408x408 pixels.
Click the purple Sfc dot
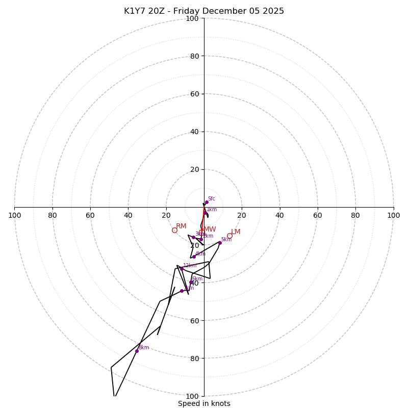[x=207, y=202]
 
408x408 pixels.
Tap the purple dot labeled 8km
[x=137, y=351]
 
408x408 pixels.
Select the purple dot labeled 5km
[x=220, y=243]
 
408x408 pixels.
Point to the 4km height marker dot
[x=194, y=257]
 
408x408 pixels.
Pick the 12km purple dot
[x=182, y=269]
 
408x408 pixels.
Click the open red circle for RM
[x=174, y=231]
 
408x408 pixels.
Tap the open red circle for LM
[x=229, y=236]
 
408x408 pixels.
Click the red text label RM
[x=181, y=226]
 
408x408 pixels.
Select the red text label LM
[x=236, y=232]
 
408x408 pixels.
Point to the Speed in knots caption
[x=204, y=403]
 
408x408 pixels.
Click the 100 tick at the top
[x=192, y=18]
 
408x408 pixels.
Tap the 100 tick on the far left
[x=14, y=215]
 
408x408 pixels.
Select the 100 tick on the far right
[x=393, y=215]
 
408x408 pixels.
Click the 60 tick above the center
[x=194, y=94]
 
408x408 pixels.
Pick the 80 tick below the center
[x=194, y=358]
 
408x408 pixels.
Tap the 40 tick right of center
[x=279, y=215]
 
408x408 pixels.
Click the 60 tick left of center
[x=90, y=215]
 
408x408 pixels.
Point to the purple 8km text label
[x=144, y=348]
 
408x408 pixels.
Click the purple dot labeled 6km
[x=191, y=282]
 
